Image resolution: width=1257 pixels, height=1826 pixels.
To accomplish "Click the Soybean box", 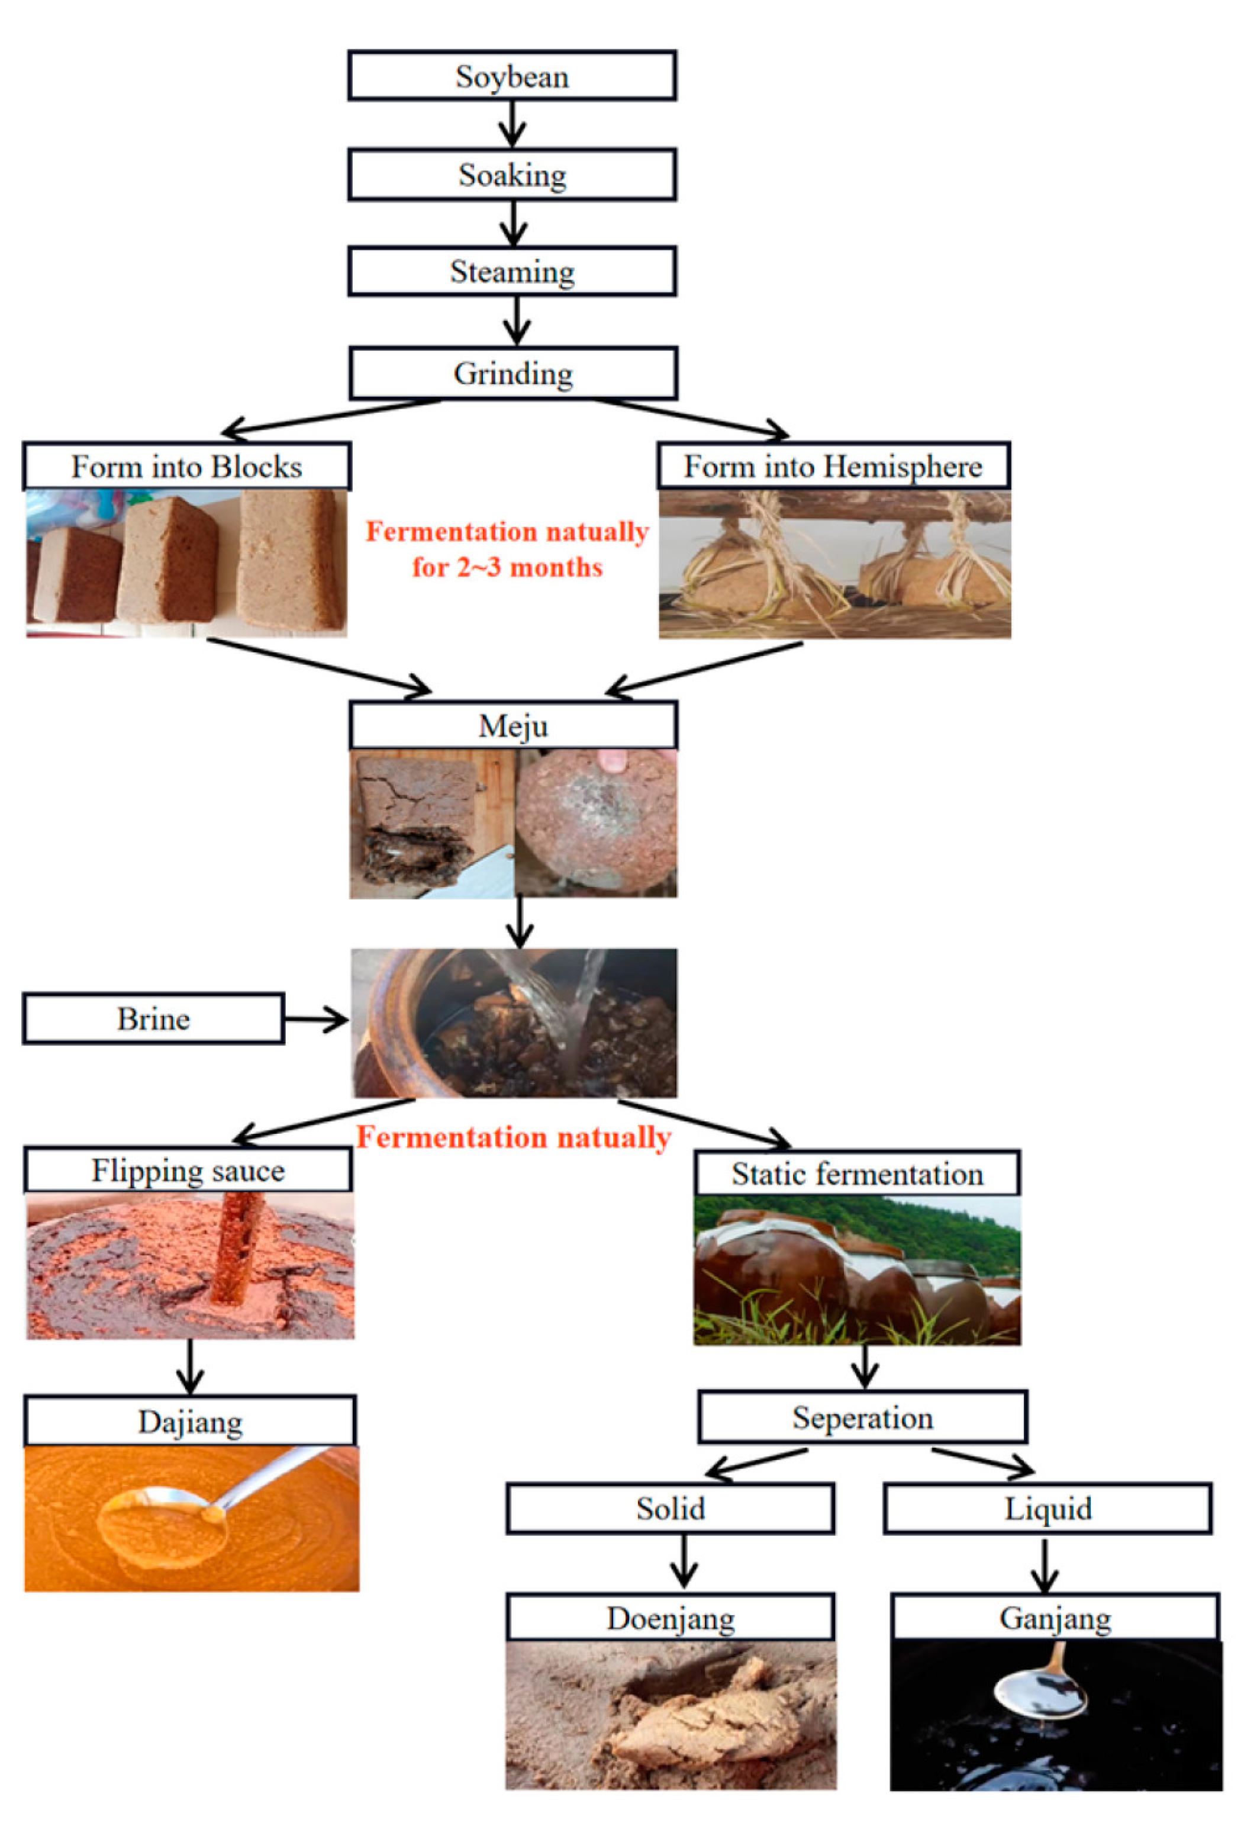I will point(512,76).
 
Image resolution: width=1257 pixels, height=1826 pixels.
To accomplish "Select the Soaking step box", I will point(512,174).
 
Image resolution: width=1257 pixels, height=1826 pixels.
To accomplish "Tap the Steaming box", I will point(512,272).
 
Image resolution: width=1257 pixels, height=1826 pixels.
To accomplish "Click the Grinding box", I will point(513,374).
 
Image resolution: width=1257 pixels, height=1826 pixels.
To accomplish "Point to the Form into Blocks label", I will point(186,467).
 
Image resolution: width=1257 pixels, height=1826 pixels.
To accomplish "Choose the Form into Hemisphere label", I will point(833,467).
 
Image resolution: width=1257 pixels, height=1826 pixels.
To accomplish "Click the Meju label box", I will point(513,725).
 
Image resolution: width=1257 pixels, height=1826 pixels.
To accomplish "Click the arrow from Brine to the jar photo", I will point(315,1020).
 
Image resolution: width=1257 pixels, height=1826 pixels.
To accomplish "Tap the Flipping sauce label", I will point(188,1171).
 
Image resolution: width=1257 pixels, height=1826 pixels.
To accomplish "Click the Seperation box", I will point(862,1418).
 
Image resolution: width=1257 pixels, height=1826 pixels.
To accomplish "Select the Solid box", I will point(671,1509).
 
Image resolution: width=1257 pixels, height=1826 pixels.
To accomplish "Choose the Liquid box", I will point(1047,1509).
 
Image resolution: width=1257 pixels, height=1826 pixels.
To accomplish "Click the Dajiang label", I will point(190,1422).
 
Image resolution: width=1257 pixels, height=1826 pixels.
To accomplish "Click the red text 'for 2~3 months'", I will point(507,567).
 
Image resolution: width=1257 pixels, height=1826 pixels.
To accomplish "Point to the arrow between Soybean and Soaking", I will point(512,124).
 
